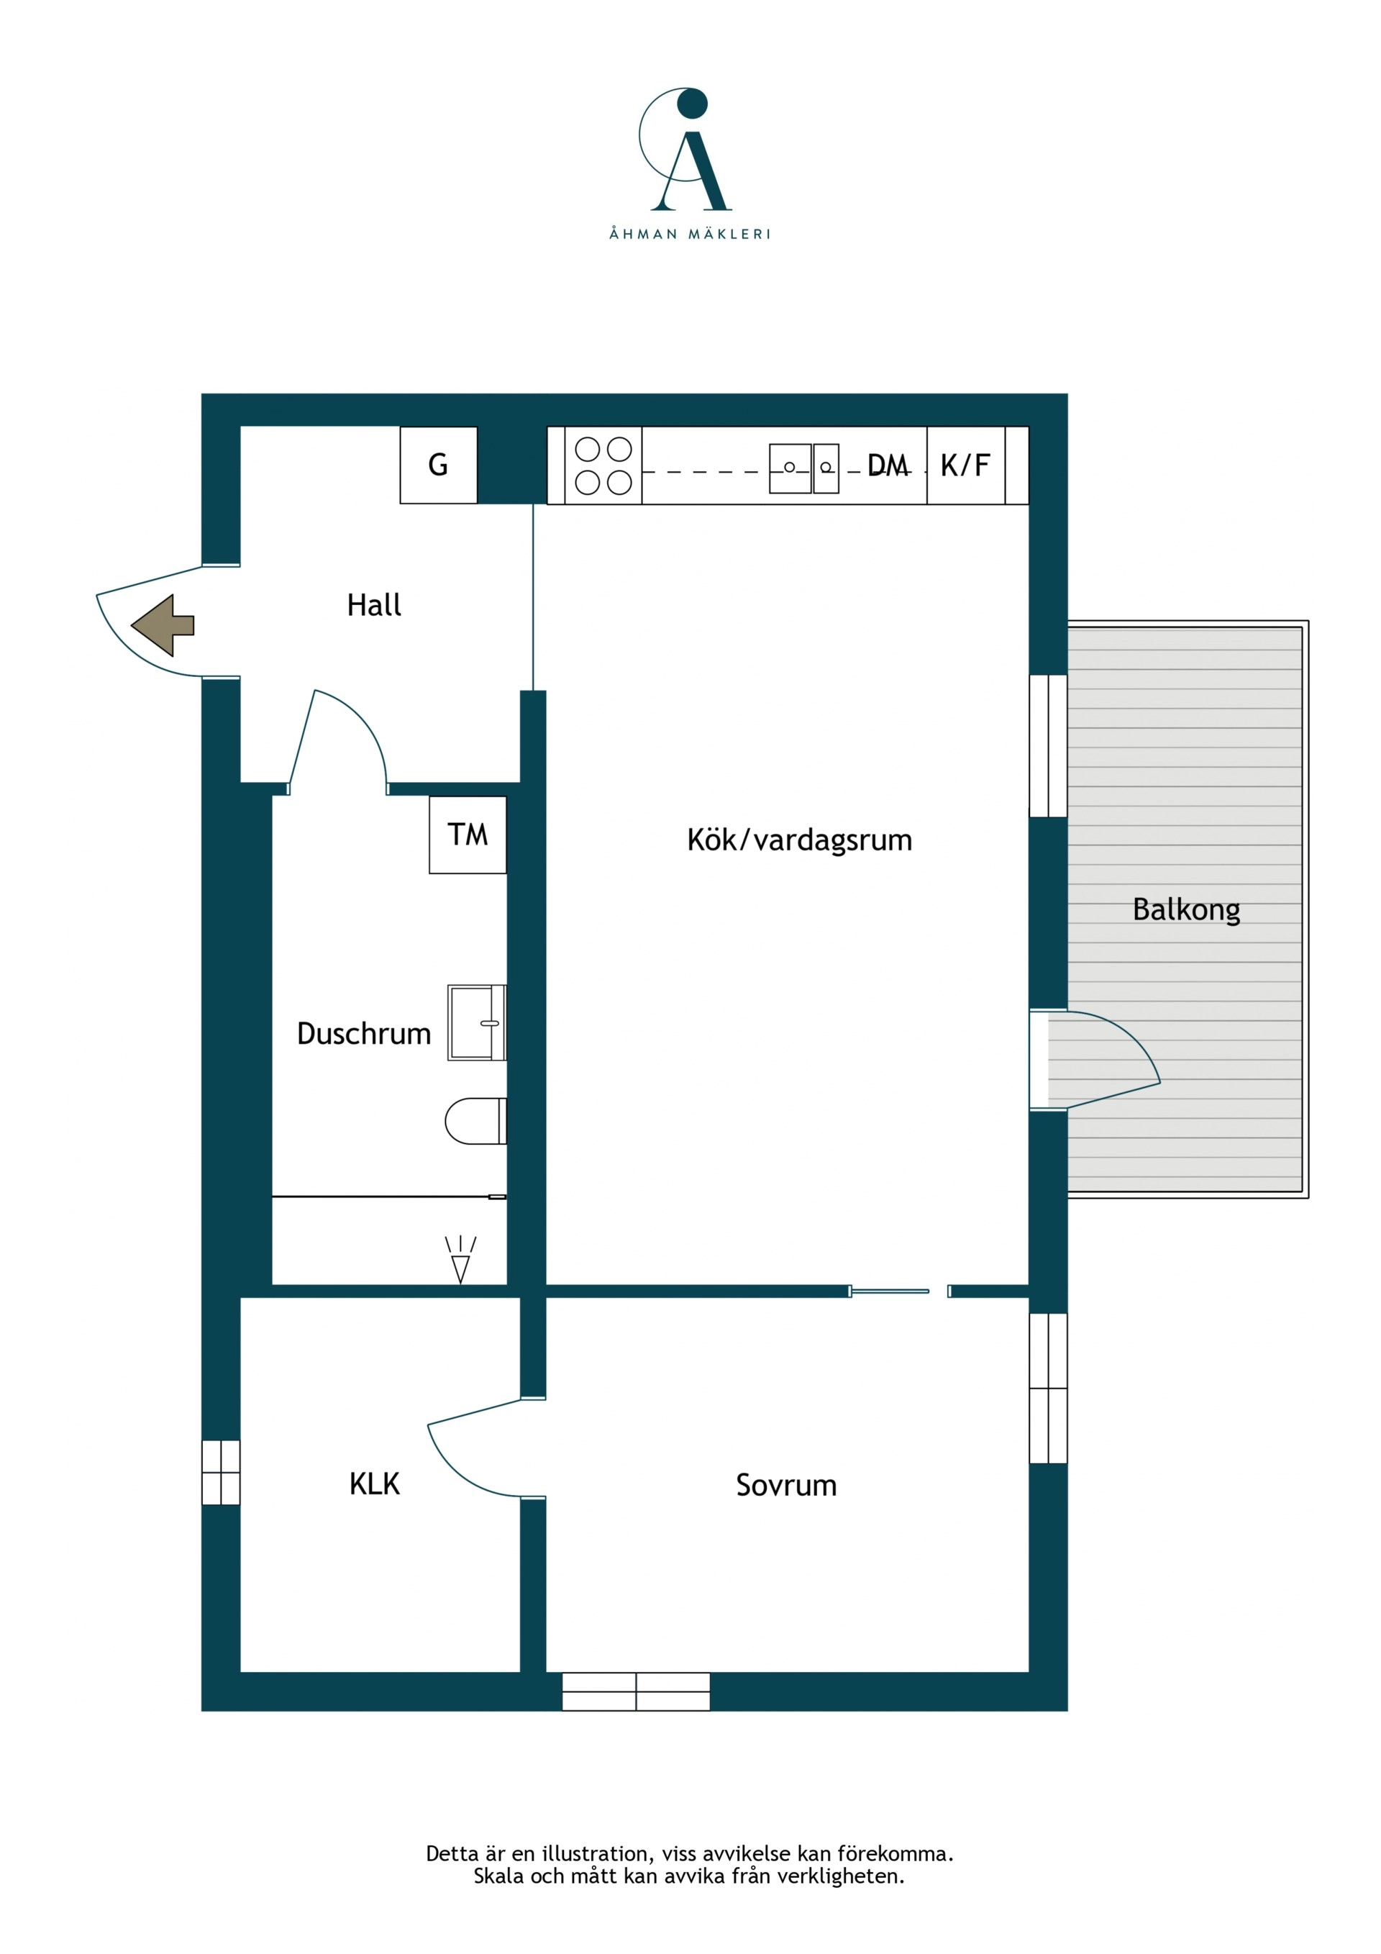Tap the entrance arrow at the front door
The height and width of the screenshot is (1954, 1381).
tap(163, 625)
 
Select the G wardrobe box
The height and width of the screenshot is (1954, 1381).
tap(438, 465)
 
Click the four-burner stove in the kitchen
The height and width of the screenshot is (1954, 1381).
tap(603, 465)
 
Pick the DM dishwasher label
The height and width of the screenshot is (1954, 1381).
tap(888, 465)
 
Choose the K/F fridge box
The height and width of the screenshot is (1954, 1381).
tap(966, 465)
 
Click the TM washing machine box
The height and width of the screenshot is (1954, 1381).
tap(468, 835)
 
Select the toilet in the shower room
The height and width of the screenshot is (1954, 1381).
tap(475, 1121)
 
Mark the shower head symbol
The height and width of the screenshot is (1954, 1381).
tap(460, 1260)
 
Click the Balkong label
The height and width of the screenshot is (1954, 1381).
tap(1186, 911)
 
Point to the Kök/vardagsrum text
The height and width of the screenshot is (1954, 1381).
tap(799, 840)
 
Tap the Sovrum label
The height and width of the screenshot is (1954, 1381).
tap(786, 1485)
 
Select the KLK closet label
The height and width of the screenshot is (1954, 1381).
tap(375, 1484)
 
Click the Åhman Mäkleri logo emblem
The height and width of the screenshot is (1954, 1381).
tap(685, 149)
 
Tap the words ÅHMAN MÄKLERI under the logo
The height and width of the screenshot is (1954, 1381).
tap(689, 234)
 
